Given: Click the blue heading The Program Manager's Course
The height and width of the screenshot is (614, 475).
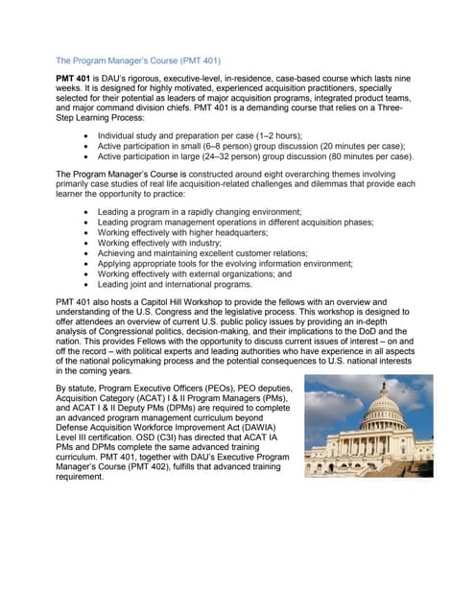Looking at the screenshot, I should point(138,59).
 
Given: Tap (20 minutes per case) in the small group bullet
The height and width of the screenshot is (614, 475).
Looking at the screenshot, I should point(352,146).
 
